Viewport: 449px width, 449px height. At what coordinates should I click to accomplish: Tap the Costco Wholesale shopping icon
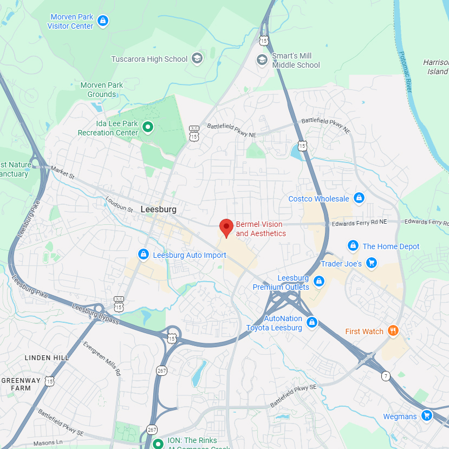359,198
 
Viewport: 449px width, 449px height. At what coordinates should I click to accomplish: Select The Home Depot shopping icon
353,246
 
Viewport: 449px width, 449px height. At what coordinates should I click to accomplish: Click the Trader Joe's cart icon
371,263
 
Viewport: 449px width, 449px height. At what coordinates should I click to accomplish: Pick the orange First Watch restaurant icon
393,331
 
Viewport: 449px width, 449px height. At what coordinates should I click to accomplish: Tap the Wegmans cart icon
427,416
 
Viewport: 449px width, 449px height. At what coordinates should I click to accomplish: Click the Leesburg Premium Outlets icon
319,281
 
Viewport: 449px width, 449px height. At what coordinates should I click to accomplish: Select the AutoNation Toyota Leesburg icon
311,323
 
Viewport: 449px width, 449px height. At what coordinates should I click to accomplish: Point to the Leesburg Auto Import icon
144,255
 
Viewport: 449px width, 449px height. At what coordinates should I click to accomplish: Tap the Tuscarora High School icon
197,58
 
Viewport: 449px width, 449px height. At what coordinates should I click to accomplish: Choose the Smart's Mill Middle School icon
262,59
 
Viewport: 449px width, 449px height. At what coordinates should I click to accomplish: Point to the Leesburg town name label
158,209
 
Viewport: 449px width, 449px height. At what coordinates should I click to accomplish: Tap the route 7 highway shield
386,375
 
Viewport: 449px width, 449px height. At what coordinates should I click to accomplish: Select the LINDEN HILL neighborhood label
47,357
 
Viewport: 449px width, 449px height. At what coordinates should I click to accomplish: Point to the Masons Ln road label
48,443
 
